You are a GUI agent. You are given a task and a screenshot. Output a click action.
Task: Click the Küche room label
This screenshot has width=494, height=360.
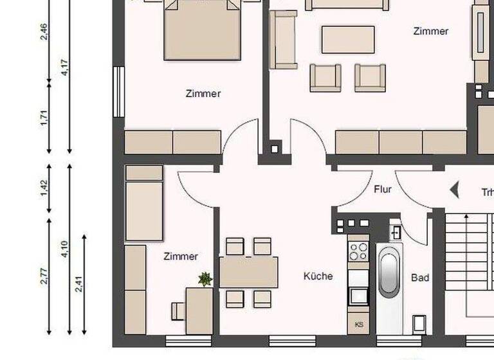[318, 276]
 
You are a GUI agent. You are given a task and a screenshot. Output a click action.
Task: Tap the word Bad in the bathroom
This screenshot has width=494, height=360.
[420, 278]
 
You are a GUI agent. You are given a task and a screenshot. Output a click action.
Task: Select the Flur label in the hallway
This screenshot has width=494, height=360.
[383, 190]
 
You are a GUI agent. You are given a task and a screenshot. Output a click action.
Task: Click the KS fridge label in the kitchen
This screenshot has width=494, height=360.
[358, 325]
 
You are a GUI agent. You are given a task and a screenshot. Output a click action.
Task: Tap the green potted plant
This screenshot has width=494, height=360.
[205, 278]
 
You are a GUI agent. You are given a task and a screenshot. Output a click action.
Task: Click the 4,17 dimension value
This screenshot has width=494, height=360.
[64, 67]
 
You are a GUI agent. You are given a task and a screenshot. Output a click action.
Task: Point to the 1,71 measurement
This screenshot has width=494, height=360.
[44, 118]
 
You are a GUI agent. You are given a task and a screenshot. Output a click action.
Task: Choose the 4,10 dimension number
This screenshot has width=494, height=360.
[64, 249]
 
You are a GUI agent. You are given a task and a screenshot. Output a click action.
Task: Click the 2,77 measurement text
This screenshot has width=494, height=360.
[44, 274]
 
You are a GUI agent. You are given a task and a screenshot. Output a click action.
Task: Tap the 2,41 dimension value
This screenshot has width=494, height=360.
[79, 283]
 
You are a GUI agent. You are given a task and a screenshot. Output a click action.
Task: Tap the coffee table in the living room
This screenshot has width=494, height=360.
[347, 39]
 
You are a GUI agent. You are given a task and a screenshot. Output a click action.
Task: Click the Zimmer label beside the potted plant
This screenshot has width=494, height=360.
[181, 256]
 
